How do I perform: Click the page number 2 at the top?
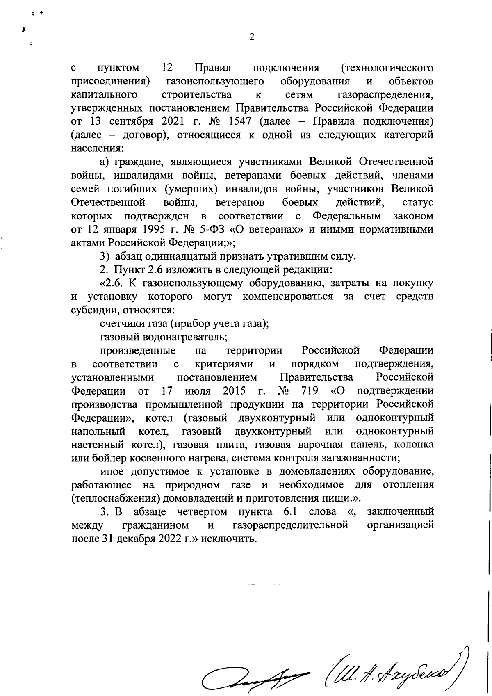coord(252,37)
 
